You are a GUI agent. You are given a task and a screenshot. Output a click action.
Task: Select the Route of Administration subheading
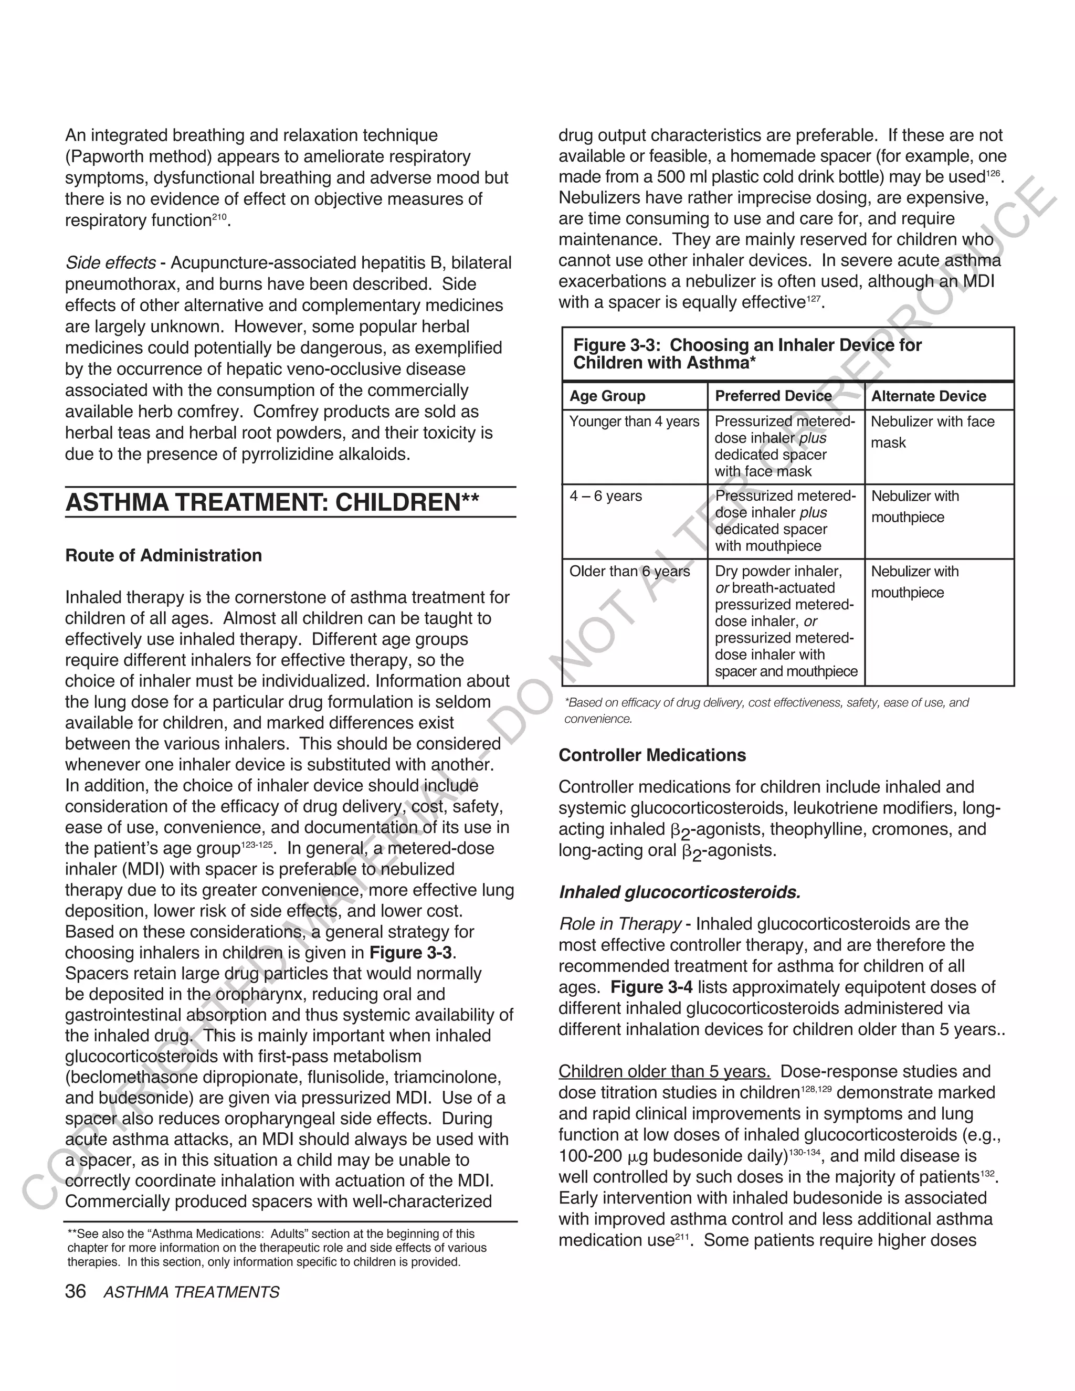pos(164,555)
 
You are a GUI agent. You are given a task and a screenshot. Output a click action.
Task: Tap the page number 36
pos(75,1292)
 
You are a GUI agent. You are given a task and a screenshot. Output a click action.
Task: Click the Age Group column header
pos(607,396)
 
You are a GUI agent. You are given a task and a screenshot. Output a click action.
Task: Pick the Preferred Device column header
pos(773,396)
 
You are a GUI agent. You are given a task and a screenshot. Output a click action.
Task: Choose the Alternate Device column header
pos(929,396)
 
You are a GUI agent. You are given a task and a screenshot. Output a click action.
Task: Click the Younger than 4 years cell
pos(634,421)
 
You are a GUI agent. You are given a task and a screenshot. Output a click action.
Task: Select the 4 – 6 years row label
pos(606,496)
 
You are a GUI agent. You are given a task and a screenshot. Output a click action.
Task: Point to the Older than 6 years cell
pos(629,571)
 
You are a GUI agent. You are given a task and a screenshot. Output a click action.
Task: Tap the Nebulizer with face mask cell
pos(932,432)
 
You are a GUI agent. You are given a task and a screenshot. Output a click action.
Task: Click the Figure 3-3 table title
pos(747,353)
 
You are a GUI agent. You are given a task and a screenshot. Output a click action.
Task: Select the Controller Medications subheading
pos(652,755)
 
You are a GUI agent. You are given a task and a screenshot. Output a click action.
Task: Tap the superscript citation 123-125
pos(257,845)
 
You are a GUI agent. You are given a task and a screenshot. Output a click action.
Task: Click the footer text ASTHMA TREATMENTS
pos(191,1292)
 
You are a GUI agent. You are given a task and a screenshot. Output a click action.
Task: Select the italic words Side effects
pos(110,263)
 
